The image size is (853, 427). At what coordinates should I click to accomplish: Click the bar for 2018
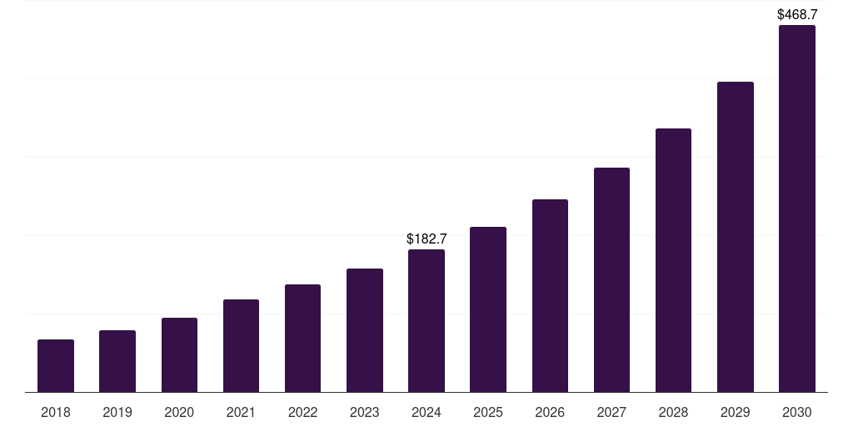pos(56,366)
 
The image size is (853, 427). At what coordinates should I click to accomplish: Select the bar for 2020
pos(179,355)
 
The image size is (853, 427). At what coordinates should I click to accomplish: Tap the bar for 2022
pos(302,339)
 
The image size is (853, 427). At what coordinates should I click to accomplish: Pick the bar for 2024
pos(426,321)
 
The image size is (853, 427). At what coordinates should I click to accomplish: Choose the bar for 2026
pos(550,296)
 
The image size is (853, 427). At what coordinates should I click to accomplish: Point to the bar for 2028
pos(673,260)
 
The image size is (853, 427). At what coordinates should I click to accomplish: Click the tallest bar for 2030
pos(797,208)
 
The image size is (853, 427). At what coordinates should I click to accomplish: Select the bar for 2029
pos(736,237)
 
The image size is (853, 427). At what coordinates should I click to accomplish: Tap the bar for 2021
pos(241,346)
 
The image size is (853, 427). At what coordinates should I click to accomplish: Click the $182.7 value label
pos(426,239)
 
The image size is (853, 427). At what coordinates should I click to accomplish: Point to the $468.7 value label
pos(797,15)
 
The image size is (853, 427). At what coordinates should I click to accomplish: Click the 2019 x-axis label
pos(117,413)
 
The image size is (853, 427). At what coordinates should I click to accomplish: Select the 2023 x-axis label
pos(365,413)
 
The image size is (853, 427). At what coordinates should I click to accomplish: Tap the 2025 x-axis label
pos(488,413)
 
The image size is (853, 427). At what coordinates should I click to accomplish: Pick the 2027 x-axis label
pos(611,413)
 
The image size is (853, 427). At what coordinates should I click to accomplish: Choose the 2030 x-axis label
pos(797,413)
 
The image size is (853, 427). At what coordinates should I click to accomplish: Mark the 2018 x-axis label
pos(56,413)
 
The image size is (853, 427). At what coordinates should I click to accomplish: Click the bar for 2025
pos(488,309)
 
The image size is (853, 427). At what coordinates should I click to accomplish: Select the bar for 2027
pos(611,280)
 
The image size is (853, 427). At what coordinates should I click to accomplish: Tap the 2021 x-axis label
pos(241,413)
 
